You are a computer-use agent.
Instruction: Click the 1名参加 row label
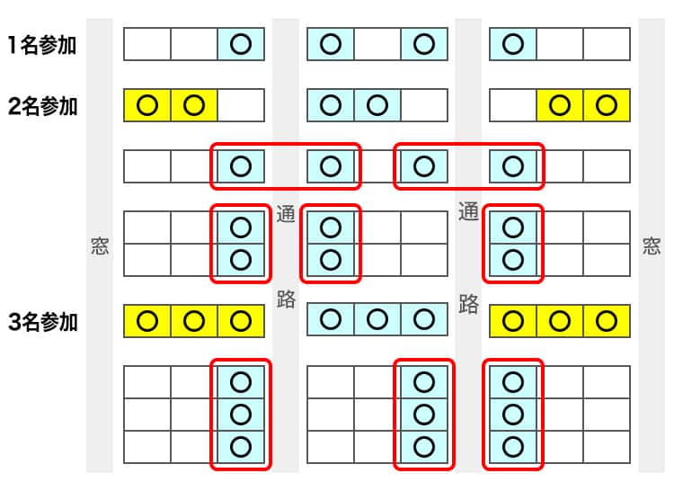click(42, 44)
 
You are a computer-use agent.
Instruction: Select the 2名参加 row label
click(42, 106)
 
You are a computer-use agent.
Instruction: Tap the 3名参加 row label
click(42, 322)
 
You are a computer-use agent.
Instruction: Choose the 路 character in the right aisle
click(468, 303)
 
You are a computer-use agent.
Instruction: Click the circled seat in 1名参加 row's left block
click(241, 44)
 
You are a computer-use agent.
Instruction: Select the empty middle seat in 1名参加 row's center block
click(377, 44)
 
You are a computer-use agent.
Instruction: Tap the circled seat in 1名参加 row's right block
click(513, 44)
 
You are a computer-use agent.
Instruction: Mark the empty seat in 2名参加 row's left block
click(241, 105)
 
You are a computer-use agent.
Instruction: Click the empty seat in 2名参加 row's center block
click(423, 105)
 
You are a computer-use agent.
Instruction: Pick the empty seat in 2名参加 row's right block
click(513, 105)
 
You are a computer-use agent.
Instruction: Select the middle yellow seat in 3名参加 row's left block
click(194, 320)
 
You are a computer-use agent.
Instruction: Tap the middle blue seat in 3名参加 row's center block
click(377, 320)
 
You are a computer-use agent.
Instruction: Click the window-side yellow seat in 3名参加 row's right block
click(607, 320)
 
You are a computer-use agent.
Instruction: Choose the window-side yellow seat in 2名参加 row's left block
click(147, 105)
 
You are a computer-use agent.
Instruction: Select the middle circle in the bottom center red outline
click(423, 414)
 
